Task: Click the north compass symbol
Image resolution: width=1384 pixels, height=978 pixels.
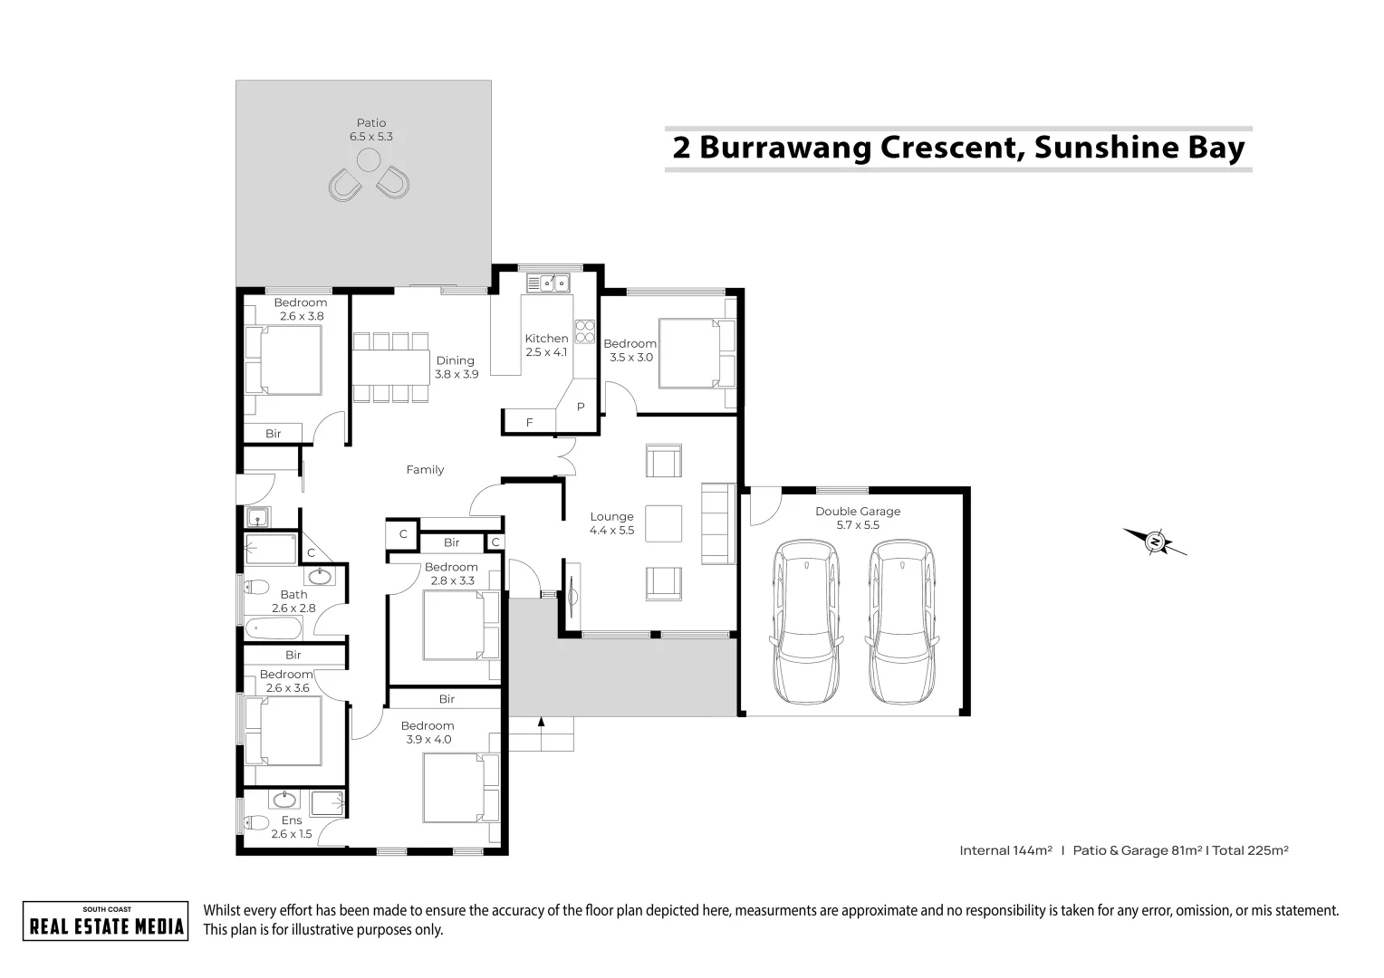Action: point(1155,542)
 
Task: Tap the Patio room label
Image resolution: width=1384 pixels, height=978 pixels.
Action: point(370,123)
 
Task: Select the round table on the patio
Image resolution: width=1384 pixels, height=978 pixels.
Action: point(369,161)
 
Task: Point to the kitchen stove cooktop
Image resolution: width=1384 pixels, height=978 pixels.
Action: point(584,331)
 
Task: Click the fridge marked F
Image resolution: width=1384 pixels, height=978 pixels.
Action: point(529,423)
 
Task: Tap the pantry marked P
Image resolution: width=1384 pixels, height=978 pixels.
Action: point(581,407)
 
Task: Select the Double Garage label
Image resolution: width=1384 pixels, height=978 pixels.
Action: point(857,512)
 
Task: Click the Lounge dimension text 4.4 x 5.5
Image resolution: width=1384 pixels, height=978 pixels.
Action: point(611,531)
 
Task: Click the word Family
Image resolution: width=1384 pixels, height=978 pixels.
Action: point(425,470)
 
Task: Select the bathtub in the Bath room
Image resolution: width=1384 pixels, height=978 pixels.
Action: point(269,627)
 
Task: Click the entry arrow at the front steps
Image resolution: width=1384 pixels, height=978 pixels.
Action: point(541,723)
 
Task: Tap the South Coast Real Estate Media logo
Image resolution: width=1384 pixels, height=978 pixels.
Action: point(106,921)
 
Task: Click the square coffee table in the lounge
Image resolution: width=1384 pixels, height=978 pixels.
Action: point(664,523)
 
